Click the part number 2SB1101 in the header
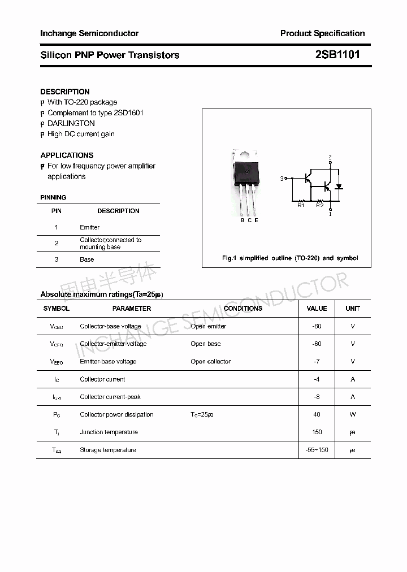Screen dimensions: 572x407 tap(337, 55)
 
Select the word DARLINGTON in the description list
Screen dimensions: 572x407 tap(71, 123)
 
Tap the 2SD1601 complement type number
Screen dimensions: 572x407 tap(129, 112)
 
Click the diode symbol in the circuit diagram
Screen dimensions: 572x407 tap(339, 187)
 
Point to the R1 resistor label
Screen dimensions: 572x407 tap(301, 205)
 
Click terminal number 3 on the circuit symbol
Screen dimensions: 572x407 tap(282, 179)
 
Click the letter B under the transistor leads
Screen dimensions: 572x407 tap(243, 220)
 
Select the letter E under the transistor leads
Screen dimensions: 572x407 tap(256, 220)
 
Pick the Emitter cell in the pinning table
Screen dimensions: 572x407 tap(90, 227)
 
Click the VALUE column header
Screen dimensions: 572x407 tap(317, 309)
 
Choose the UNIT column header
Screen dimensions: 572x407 tap(353, 309)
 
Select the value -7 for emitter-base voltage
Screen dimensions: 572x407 tap(317, 361)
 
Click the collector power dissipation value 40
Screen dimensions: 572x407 tap(317, 414)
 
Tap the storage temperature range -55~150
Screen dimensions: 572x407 tap(317, 450)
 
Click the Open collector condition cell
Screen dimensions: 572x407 tap(211, 361)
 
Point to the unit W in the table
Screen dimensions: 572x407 tap(353, 414)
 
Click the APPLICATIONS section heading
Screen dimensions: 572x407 tap(67, 155)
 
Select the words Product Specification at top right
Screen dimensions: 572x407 tap(322, 33)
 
